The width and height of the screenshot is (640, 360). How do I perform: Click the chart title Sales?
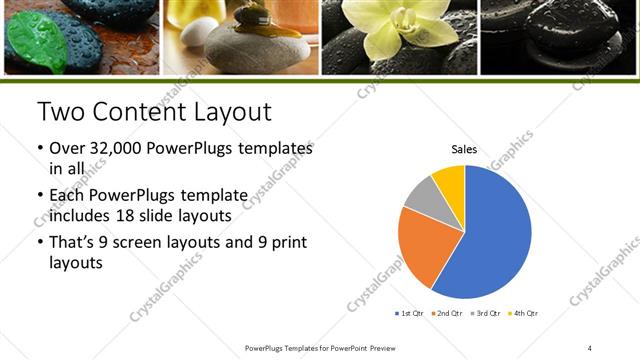[x=464, y=149]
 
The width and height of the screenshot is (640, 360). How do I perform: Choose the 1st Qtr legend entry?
[x=410, y=313]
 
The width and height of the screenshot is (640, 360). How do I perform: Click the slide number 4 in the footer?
[x=590, y=347]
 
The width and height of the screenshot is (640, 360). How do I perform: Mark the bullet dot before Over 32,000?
[x=40, y=149]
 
